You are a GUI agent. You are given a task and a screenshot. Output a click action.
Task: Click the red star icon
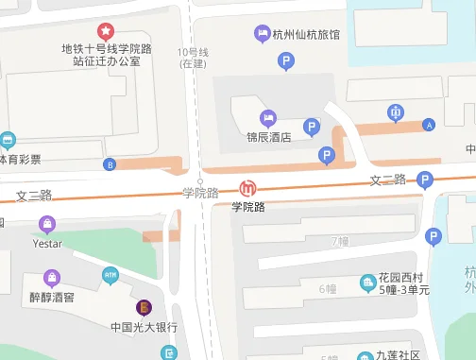click(x=105, y=31)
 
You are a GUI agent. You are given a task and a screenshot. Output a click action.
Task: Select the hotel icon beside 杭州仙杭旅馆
click(x=262, y=35)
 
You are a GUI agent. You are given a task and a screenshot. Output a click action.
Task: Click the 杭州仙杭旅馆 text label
click(x=306, y=36)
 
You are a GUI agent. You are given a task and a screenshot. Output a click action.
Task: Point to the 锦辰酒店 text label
click(x=269, y=136)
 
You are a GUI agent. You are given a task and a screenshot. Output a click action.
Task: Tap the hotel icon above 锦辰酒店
click(x=269, y=118)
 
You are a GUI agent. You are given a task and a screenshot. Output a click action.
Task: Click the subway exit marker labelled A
click(x=430, y=125)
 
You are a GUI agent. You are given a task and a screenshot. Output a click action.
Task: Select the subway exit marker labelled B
click(x=110, y=164)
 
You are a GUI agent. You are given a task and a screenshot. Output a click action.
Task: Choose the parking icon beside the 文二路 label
click(x=425, y=180)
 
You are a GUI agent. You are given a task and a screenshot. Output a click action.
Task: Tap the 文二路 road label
click(x=387, y=180)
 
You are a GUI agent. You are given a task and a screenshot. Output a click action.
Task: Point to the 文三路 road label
click(x=34, y=196)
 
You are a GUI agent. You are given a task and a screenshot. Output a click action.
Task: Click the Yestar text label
click(x=47, y=243)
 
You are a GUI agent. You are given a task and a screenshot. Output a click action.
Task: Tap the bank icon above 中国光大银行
click(x=144, y=307)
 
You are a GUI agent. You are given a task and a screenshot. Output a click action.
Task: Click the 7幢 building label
click(x=340, y=241)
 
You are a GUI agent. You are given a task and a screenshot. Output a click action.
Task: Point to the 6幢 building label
click(x=328, y=288)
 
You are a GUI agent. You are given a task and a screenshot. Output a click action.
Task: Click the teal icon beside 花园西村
click(x=367, y=282)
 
